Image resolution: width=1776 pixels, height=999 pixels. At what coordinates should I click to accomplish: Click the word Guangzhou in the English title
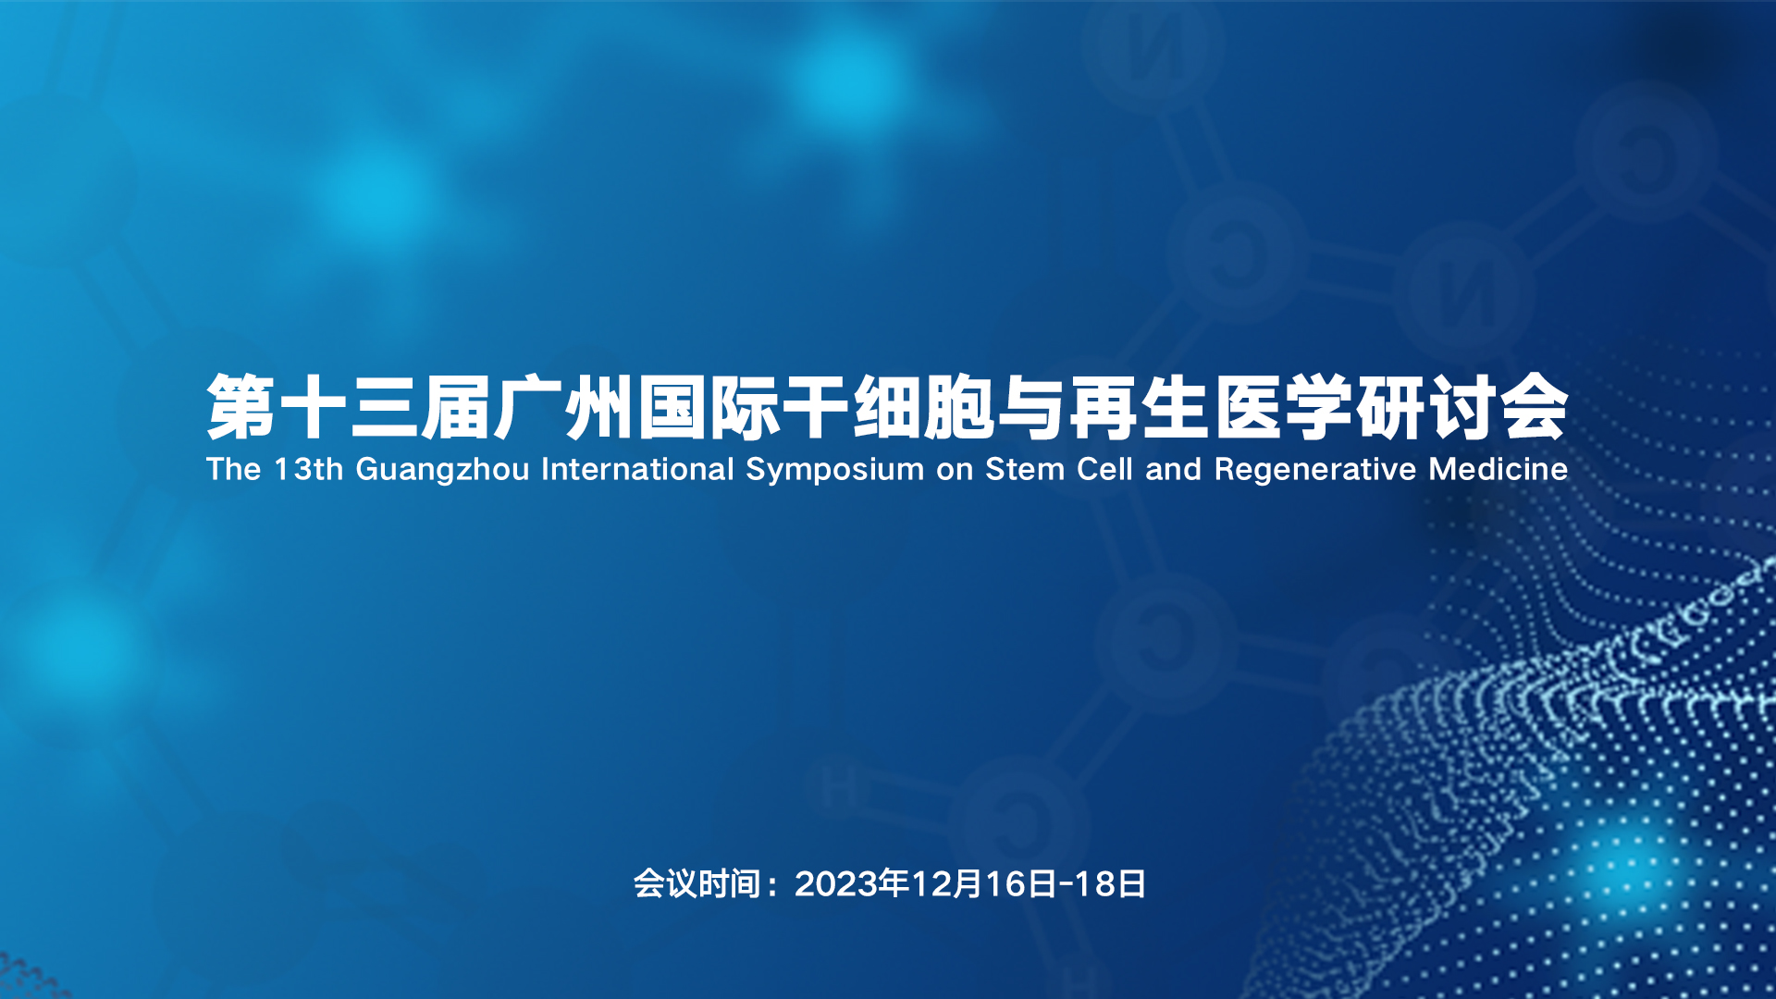tap(442, 470)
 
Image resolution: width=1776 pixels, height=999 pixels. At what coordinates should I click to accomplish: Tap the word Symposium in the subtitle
tap(834, 470)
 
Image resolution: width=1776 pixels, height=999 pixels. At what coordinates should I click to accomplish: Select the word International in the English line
tap(637, 469)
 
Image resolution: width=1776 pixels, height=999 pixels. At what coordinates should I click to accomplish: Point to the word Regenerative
tap(1315, 470)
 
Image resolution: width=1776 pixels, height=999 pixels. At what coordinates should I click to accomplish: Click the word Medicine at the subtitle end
tap(1498, 469)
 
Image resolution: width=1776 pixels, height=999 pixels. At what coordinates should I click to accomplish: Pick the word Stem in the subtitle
tap(1025, 469)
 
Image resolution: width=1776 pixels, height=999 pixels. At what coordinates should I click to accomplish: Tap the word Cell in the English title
tap(1105, 469)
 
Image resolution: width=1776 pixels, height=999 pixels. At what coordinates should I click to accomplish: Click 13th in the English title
tap(309, 469)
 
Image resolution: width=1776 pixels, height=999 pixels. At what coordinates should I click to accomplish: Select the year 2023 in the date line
tap(835, 884)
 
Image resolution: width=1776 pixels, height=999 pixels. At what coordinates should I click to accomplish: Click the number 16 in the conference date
tap(1005, 884)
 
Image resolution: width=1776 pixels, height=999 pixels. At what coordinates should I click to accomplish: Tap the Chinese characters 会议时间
tap(697, 884)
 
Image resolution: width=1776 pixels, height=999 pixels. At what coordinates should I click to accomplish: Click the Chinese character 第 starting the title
tap(241, 407)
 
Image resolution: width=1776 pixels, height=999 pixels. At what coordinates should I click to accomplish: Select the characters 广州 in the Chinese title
tap(565, 407)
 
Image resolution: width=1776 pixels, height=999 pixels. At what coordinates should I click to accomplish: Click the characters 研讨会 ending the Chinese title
tap(1462, 407)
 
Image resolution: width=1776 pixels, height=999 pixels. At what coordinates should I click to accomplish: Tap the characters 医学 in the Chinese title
tap(1285, 407)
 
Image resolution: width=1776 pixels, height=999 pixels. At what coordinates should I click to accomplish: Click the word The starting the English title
tap(234, 469)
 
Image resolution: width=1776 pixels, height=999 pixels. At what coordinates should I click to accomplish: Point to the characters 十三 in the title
tap(350, 407)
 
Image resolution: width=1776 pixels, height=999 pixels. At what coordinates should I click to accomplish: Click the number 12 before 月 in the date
tap(931, 884)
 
